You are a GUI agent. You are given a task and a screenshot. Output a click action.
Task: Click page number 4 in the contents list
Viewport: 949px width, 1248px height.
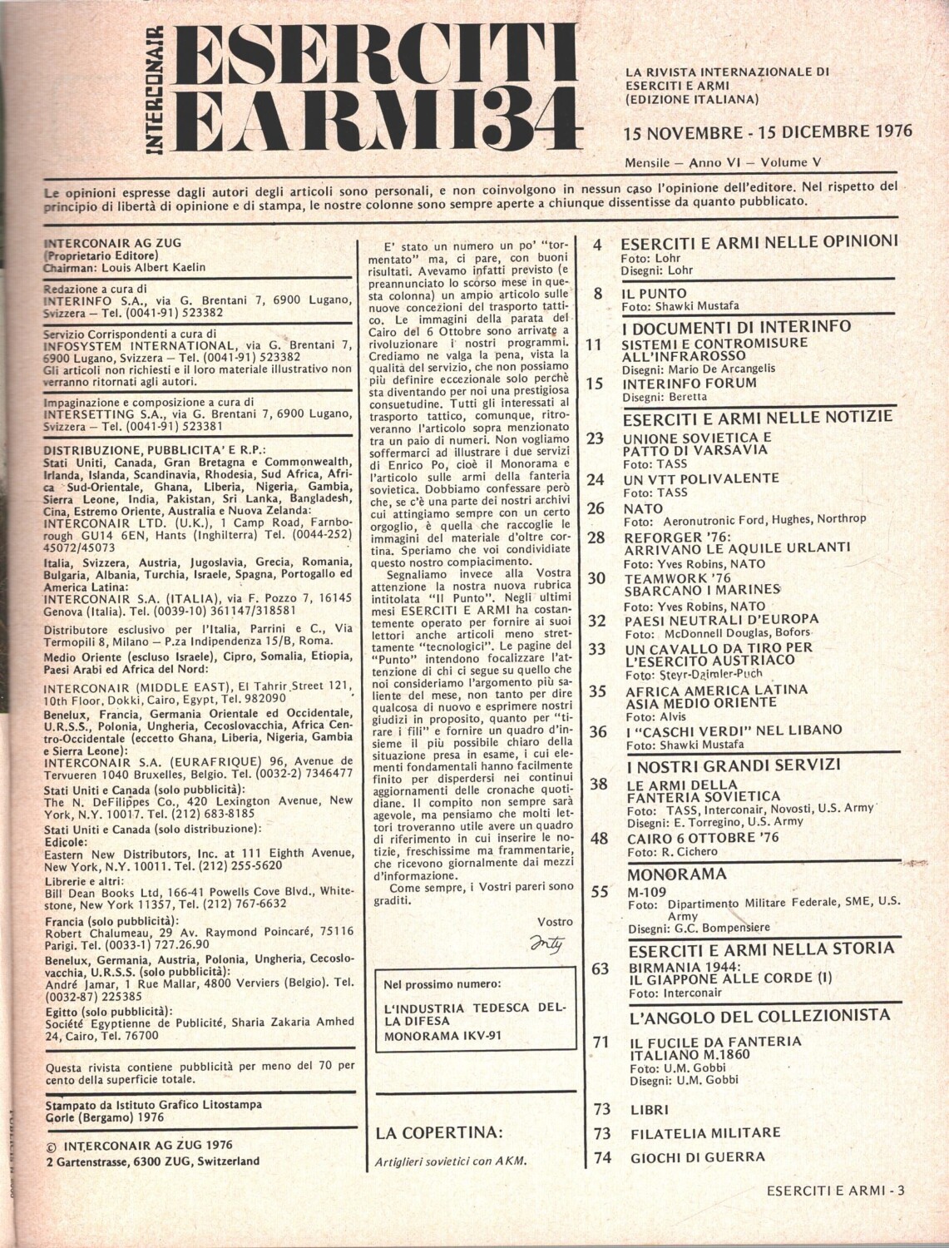596,244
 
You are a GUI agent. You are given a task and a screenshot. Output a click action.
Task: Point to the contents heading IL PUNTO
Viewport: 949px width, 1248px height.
654,294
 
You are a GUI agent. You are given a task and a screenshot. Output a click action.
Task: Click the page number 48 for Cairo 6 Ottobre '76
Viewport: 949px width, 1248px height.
599,839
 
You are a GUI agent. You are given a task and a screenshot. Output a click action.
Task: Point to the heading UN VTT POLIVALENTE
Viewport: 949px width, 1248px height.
700,478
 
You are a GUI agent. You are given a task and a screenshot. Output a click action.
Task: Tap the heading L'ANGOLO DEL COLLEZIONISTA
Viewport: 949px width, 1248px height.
760,1015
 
